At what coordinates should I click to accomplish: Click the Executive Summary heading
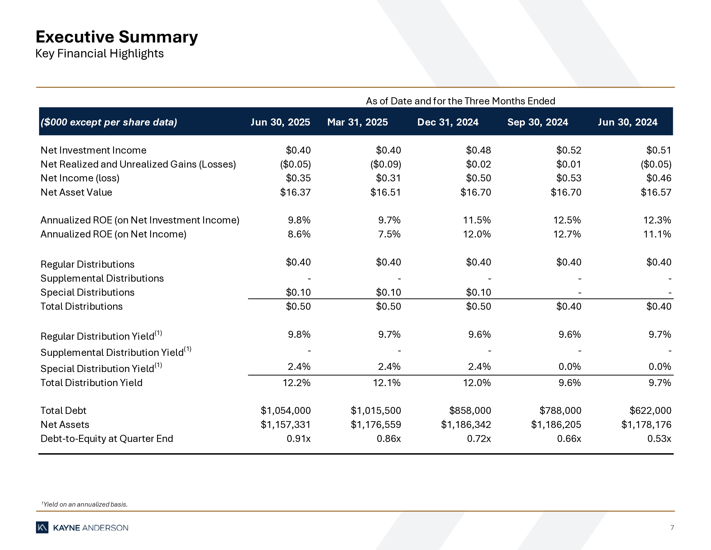(117, 37)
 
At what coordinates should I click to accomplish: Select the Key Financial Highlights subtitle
(99, 53)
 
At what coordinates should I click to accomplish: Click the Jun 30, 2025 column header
(280, 122)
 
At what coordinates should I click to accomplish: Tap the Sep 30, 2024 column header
(538, 122)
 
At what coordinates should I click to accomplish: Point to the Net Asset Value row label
(76, 192)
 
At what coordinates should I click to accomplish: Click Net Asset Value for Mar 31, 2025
(385, 192)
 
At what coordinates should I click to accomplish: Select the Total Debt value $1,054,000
(285, 410)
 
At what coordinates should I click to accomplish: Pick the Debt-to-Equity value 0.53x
(659, 438)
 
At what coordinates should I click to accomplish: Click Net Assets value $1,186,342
(466, 424)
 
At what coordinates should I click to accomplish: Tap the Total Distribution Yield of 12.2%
(297, 383)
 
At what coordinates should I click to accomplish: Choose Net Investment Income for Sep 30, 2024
(568, 150)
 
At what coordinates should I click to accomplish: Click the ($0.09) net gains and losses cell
(385, 164)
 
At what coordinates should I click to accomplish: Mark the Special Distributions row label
(87, 292)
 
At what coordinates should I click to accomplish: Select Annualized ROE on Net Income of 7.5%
(389, 234)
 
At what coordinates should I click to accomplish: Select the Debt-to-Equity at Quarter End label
(106, 438)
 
